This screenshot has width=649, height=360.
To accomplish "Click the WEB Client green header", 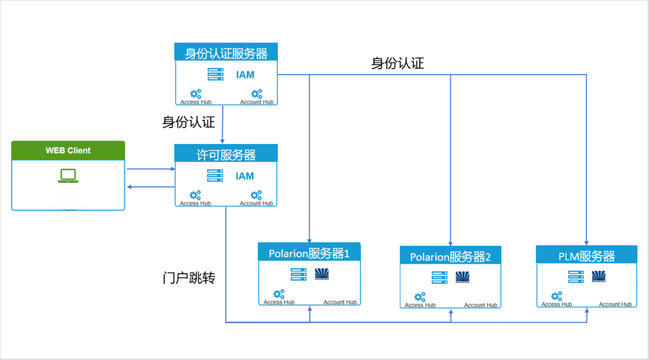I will tap(68, 150).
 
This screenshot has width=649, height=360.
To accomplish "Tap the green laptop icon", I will tap(68, 176).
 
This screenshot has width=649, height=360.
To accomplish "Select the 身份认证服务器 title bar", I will tap(226, 53).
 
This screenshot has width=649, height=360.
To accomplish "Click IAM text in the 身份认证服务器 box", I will tap(245, 75).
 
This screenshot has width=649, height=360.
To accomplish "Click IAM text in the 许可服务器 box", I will tap(244, 176).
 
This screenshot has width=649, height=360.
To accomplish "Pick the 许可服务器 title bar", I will tap(226, 154).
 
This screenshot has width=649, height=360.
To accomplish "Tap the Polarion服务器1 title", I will tap(309, 253).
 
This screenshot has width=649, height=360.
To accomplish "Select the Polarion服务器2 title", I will tap(450, 257).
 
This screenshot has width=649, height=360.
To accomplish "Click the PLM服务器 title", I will tap(586, 256).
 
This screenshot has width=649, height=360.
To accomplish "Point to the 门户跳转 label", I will tap(189, 278).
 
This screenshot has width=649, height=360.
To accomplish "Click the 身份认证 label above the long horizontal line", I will tap(397, 63).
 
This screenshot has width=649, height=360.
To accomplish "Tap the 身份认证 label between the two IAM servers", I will tap(188, 122).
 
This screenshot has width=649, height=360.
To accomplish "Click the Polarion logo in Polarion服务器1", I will tap(322, 274).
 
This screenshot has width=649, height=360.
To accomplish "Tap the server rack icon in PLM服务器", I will tap(576, 276).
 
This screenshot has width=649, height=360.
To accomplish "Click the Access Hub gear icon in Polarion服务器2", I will tap(420, 297).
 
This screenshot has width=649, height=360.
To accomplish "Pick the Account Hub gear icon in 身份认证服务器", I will tap(256, 94).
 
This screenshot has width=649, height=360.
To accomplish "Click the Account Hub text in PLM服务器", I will tap(615, 304).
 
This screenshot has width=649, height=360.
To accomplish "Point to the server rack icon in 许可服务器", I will tap(215, 176).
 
